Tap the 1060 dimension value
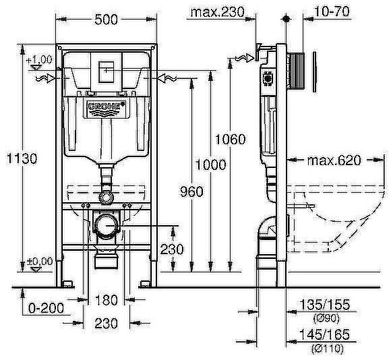point(230,140)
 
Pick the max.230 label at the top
point(215,11)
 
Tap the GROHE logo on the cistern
point(104,106)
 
